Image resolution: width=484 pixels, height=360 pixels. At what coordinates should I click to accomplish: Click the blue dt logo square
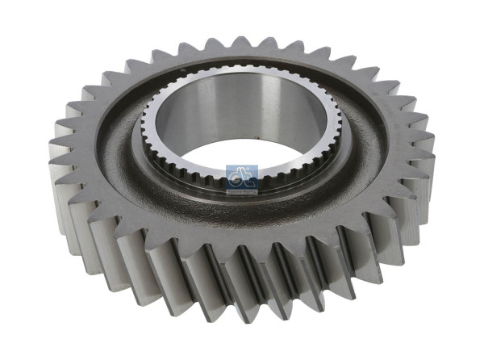pos(242,175)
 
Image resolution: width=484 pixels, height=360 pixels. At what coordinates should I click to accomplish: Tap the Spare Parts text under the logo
pos(242,185)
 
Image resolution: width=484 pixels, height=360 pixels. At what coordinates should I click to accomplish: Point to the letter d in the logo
pos(239,174)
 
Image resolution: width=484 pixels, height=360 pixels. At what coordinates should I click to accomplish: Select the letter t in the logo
pos(246,174)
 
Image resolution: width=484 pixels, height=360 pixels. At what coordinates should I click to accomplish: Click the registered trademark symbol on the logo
pos(255,167)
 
